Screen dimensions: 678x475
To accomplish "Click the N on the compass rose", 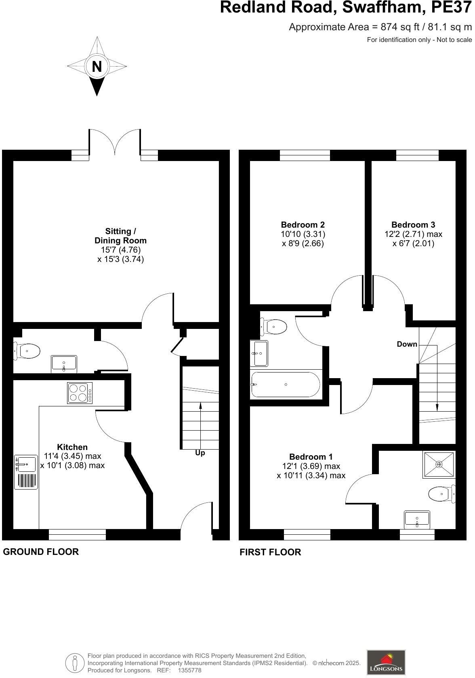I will [x=97, y=66].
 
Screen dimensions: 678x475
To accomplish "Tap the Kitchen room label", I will [x=72, y=447].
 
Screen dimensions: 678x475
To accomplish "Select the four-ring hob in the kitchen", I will [x=80, y=393].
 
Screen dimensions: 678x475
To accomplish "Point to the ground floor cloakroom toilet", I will [x=27, y=351].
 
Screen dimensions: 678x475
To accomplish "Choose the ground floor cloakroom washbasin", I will [x=64, y=363].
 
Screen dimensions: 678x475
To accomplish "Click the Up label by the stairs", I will [x=200, y=453].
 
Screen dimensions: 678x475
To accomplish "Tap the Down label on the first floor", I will [x=407, y=344].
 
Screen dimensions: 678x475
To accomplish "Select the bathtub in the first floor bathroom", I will [x=286, y=385].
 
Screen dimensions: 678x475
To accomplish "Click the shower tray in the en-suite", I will [x=439, y=465].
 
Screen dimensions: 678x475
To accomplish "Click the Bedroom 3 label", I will [x=413, y=225].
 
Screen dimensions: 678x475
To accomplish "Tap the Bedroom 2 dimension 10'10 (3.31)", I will [x=303, y=234].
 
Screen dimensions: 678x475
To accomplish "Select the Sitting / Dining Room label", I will [x=120, y=236].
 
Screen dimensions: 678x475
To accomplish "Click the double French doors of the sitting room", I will [x=115, y=142].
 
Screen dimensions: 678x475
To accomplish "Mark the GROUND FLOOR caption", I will [x=41, y=552].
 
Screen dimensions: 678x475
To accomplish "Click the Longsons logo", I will [x=386, y=662].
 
